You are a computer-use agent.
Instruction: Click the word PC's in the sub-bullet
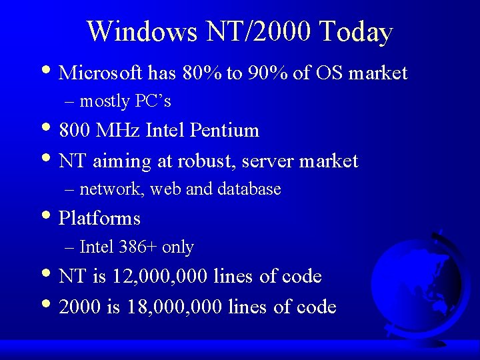[x=153, y=101]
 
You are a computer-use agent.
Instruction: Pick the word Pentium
[x=224, y=130]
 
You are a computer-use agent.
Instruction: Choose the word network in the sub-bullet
[x=111, y=189]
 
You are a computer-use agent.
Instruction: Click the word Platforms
[x=99, y=219]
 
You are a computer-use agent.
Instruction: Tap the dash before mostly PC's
[x=70, y=102]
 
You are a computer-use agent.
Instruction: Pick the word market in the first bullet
[x=378, y=73]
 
